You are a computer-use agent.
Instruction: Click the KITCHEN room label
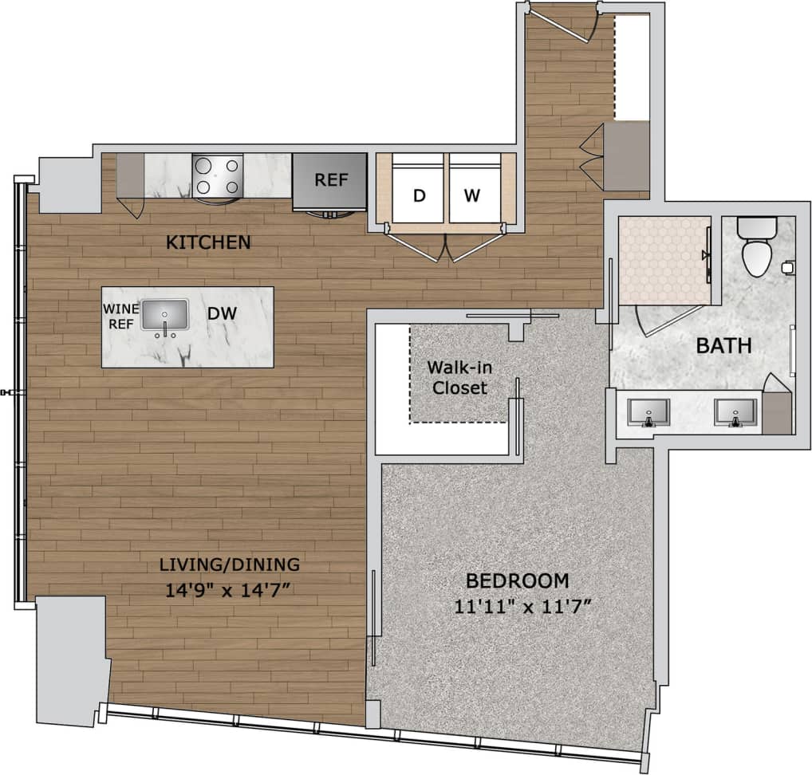208,242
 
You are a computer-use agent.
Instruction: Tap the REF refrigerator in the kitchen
331,180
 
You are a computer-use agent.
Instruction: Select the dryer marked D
419,194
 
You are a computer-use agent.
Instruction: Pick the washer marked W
475,194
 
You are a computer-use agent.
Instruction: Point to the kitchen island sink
165,316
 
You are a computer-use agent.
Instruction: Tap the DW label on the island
222,314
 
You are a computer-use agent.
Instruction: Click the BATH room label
723,346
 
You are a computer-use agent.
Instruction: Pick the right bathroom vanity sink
733,413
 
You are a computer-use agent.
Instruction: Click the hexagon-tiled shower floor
664,260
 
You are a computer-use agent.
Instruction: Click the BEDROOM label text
518,580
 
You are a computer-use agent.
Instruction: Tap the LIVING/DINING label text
229,565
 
